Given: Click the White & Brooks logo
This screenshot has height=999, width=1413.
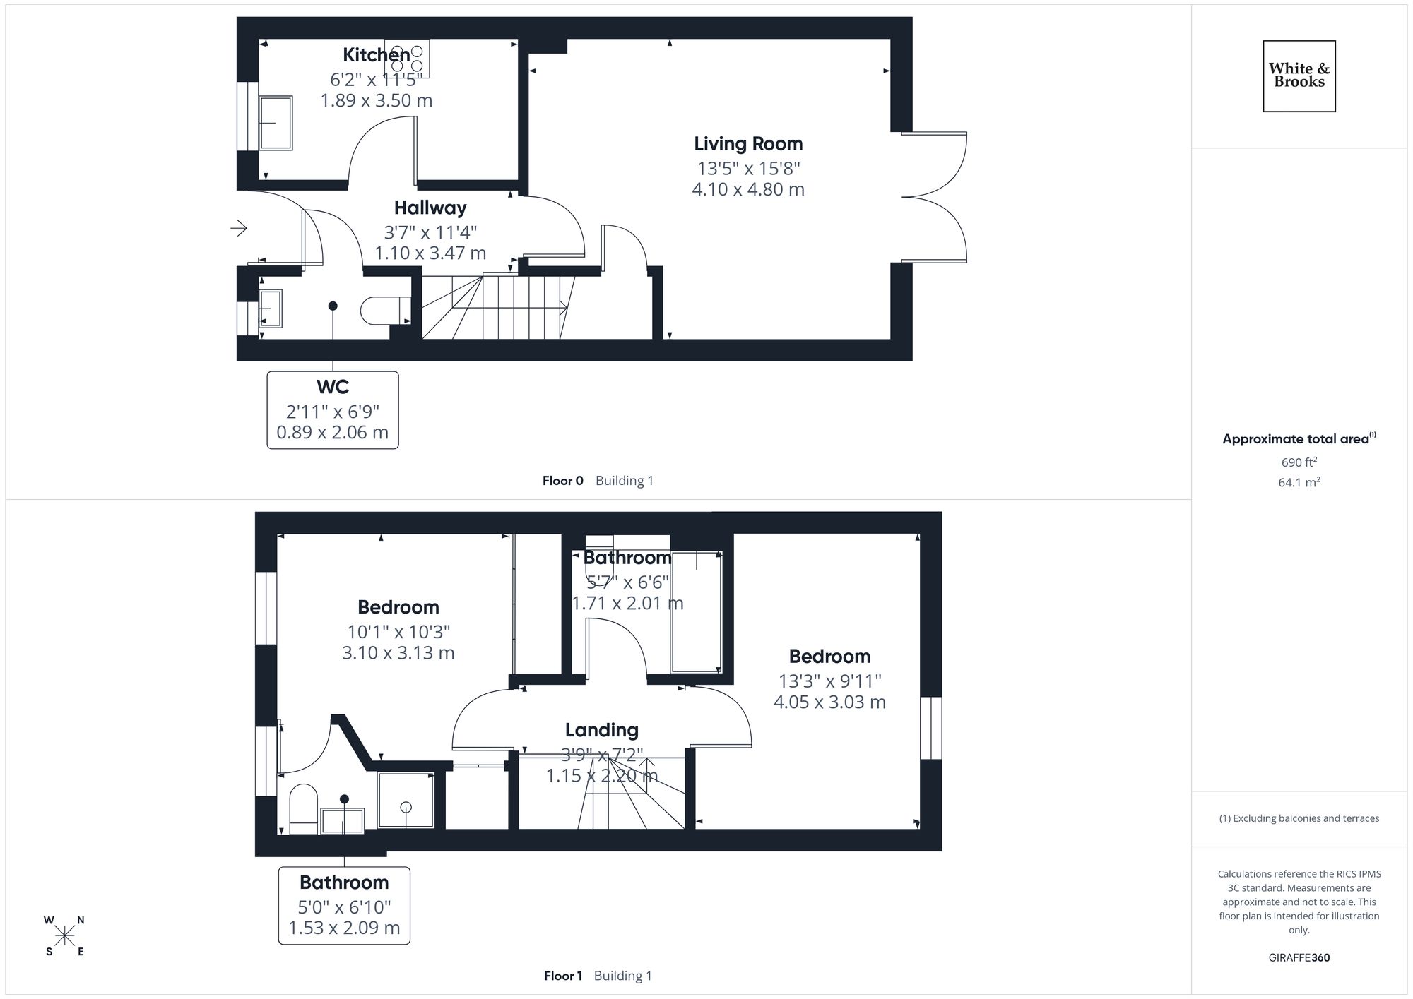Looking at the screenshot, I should coord(1299,76).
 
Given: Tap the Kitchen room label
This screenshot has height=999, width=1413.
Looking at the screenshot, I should coord(376,54).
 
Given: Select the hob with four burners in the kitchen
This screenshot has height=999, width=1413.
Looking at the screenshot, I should coord(407,59).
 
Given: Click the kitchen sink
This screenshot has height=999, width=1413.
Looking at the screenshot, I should coord(276,123).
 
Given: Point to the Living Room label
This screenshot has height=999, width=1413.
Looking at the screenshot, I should coord(748,144).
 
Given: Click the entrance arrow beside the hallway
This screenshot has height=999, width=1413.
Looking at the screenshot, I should coord(239,228).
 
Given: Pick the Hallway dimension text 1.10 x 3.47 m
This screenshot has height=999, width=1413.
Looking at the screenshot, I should coord(430,253).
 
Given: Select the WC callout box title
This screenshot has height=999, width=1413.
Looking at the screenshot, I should coord(333,387).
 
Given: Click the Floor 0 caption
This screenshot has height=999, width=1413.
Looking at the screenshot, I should coord(562,481).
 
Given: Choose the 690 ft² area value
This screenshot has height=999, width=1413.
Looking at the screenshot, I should coord(1299,462).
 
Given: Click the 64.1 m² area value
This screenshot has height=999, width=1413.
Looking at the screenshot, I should coord(1299,483).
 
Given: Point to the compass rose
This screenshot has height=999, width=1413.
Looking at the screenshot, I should coord(64,936).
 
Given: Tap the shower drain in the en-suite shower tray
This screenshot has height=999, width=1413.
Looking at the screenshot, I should coord(406,806).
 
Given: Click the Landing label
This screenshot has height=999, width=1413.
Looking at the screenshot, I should coord(601,730).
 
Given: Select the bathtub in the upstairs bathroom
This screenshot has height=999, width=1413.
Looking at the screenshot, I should coord(696,611).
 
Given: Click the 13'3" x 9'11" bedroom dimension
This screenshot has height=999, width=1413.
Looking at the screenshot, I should coord(829,681).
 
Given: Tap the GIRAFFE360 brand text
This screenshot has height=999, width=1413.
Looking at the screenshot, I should coord(1299,958).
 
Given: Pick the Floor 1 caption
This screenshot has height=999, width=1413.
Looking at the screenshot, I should coord(563,976).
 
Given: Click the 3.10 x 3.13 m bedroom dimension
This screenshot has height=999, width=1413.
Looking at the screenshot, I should coord(398,653).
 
